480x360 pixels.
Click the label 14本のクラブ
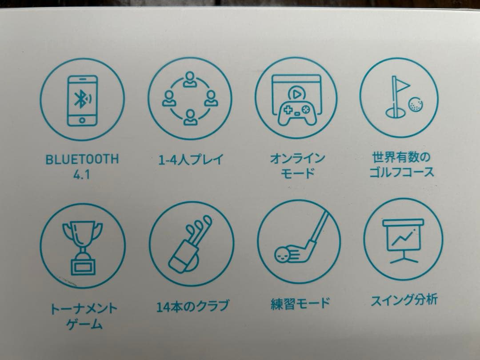click(192, 305)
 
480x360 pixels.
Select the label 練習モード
click(300, 304)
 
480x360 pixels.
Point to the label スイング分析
click(404, 299)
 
